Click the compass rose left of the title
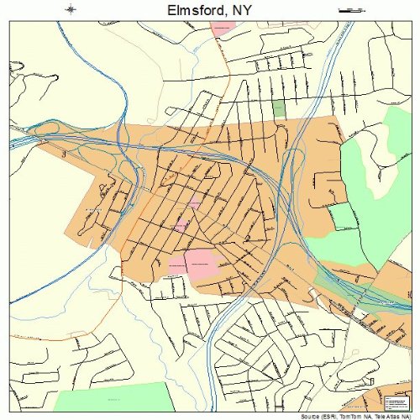(71, 10)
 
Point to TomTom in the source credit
(349, 416)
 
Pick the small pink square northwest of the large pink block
(181, 225)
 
